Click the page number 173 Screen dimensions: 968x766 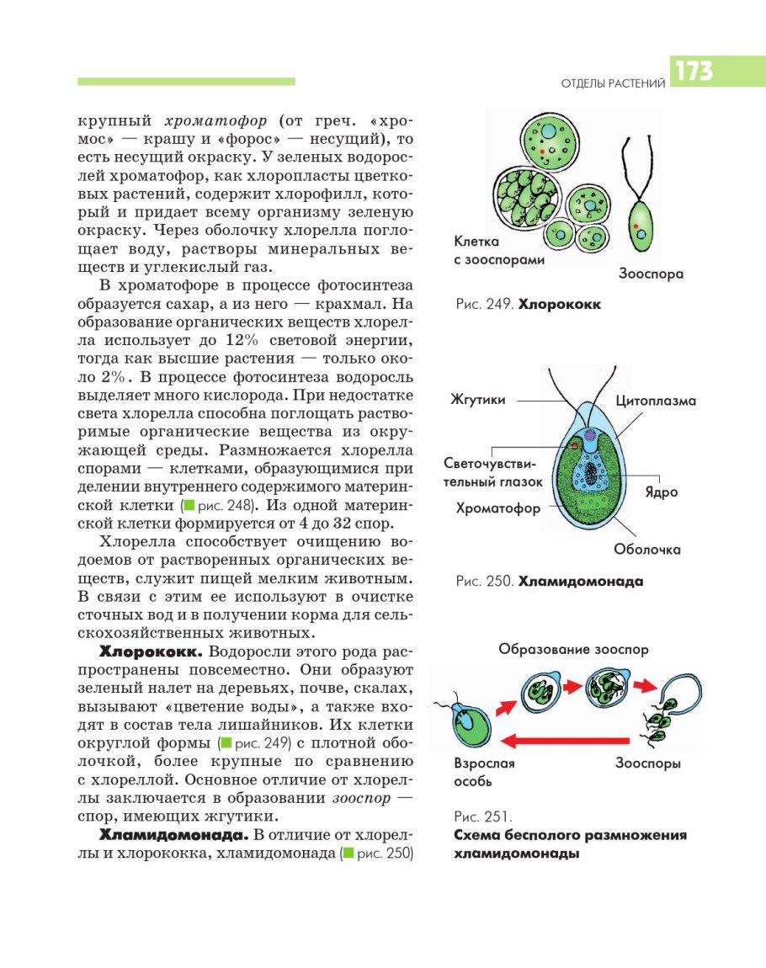(692, 72)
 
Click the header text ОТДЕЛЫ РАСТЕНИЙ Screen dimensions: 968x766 (613, 82)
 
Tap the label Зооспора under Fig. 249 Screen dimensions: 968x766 (651, 274)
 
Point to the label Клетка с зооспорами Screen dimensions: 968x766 (498, 251)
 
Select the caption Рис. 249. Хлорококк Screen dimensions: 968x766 (528, 305)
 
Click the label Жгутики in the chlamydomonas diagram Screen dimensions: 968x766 (478, 400)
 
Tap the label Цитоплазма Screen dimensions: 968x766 (656, 401)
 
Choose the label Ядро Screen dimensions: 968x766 (662, 492)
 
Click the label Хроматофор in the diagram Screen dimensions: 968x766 (497, 508)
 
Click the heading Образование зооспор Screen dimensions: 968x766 (573, 649)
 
